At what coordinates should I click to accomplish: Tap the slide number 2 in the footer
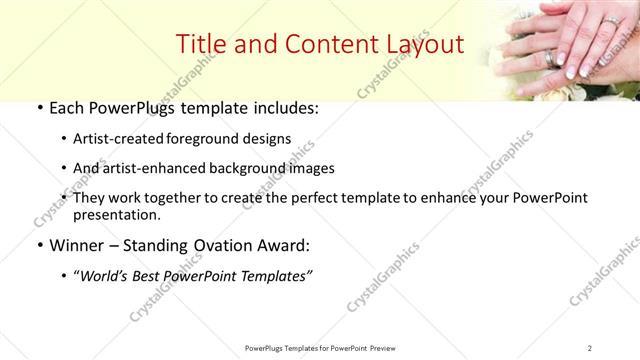click(589, 348)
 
